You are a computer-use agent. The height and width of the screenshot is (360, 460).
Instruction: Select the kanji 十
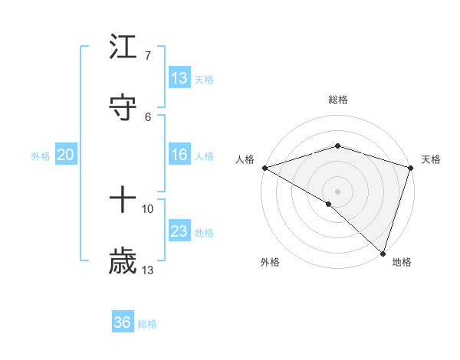pos(123,201)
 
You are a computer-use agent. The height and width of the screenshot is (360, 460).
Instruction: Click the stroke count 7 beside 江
pos(148,56)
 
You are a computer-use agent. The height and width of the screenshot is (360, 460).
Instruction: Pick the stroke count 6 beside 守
pos(148,116)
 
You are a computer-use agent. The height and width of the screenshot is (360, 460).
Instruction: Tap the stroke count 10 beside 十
pos(148,208)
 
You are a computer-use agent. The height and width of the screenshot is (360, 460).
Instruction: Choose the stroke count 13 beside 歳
pos(148,270)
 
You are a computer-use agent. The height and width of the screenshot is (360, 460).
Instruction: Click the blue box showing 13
pos(179,78)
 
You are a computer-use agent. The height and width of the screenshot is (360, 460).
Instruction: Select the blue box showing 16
pos(179,155)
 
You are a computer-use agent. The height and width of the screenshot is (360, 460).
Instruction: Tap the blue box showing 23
pos(179,231)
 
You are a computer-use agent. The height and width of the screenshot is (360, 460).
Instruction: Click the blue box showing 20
pos(66,155)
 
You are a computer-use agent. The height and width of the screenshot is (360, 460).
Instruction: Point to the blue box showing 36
pos(123,322)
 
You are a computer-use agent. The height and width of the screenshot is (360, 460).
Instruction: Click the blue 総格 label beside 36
pos(148,324)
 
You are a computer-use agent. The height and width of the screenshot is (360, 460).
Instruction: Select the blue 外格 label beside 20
pos(41,156)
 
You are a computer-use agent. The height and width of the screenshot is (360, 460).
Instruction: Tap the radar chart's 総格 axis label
pos(338,100)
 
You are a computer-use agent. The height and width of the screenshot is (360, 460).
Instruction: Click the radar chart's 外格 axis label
pos(270,262)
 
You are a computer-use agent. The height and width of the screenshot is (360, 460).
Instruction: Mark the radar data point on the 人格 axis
pos(264,168)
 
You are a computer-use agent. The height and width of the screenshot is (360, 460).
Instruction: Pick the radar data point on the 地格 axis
pos(383,253)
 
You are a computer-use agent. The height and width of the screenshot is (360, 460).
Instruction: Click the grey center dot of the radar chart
pos(338,191)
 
